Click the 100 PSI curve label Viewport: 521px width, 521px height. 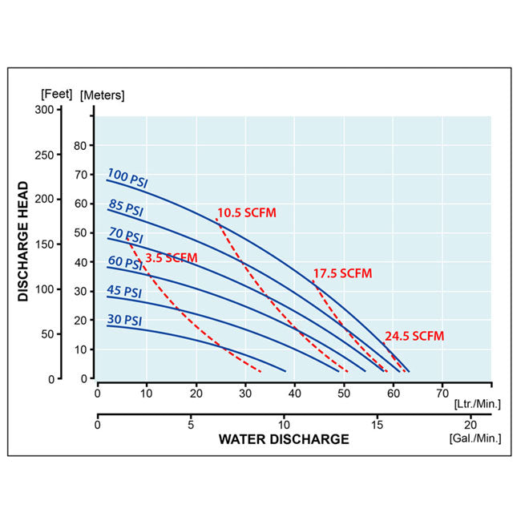pyautogui.click(x=127, y=179)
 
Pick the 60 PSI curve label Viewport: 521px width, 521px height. pyautogui.click(x=125, y=263)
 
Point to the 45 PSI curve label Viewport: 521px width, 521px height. pyautogui.click(x=124, y=292)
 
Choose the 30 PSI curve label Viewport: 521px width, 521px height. pyautogui.click(x=124, y=320)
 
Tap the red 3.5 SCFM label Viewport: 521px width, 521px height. pyautogui.click(x=171, y=257)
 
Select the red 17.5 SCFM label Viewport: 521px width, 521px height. pyautogui.click(x=342, y=273)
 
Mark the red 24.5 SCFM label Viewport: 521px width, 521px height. pyautogui.click(x=414, y=336)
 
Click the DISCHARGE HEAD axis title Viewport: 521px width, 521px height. pyautogui.click(x=24, y=240)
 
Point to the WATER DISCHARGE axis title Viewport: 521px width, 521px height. pyautogui.click(x=284, y=439)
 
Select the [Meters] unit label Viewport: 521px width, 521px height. pyautogui.click(x=103, y=95)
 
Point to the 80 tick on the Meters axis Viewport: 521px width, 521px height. pyautogui.click(x=79, y=146)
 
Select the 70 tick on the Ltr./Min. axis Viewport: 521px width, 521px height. pyautogui.click(x=441, y=394)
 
